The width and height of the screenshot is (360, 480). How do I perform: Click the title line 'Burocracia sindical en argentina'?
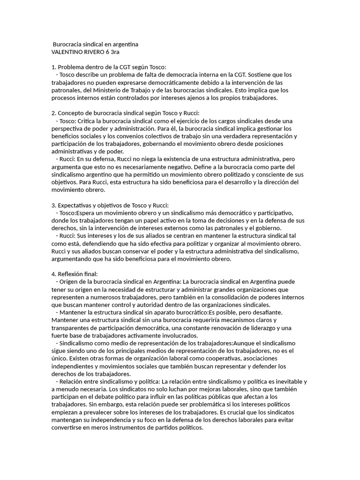point(96,44)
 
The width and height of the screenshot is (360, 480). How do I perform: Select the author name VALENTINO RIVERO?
point(77,52)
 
